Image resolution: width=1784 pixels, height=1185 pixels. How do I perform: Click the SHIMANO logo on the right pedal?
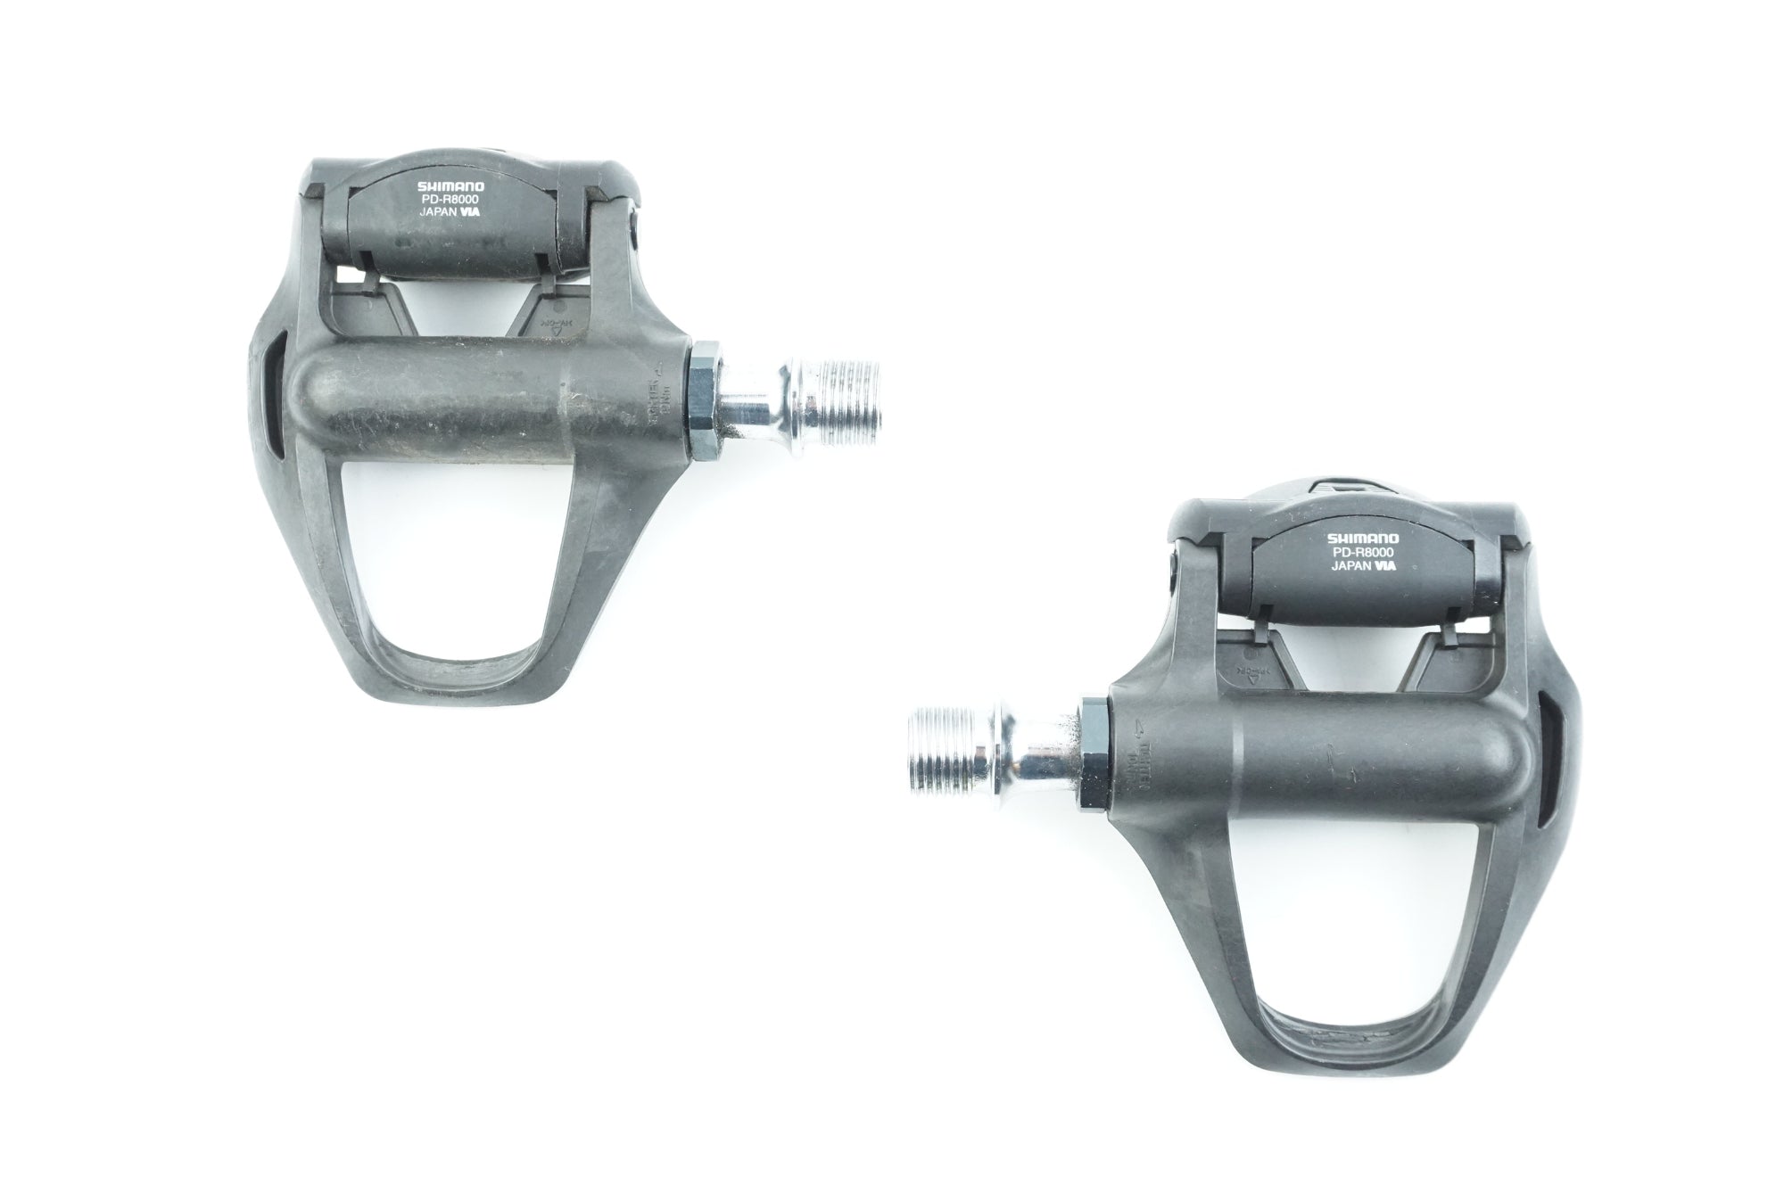click(x=1364, y=539)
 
